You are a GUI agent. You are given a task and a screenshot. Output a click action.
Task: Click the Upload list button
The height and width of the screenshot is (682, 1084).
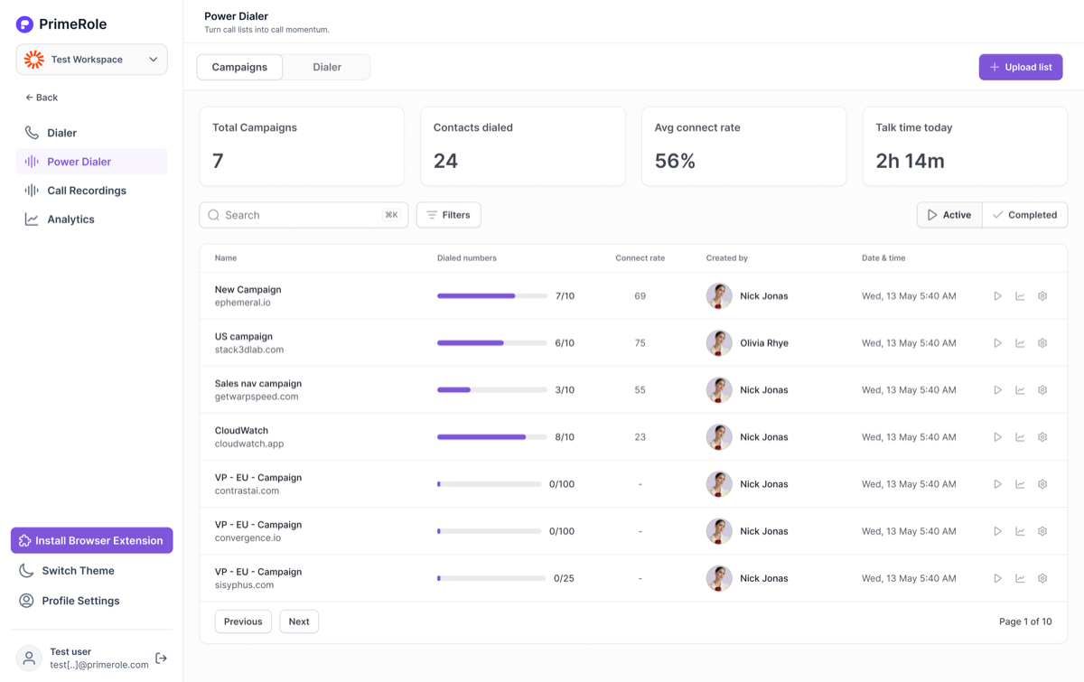coord(1021,67)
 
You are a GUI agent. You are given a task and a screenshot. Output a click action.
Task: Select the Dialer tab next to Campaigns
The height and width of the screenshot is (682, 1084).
coord(327,67)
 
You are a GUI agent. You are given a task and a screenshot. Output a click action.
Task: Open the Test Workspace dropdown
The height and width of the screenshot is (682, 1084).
coord(92,60)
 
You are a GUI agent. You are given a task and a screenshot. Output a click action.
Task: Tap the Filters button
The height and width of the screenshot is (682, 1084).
coord(449,215)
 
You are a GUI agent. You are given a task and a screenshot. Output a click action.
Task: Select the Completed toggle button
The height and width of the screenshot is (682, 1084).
coord(1024,215)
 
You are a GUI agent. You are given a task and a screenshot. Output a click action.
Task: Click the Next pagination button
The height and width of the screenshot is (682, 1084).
coord(299,621)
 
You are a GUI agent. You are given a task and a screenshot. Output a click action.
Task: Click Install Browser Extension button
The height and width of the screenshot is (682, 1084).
coord(92,540)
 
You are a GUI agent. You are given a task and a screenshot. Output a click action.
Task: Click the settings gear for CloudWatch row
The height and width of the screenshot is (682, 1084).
coord(1042,436)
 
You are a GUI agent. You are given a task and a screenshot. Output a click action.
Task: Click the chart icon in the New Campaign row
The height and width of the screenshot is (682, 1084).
coord(1020,295)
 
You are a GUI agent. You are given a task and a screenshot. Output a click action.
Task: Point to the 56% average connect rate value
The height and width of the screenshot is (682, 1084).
coord(675,161)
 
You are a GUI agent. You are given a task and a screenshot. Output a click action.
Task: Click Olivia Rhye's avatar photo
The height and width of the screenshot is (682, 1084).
coord(719,342)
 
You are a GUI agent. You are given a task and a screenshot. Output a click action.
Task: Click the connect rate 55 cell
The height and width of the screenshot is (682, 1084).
coord(640,389)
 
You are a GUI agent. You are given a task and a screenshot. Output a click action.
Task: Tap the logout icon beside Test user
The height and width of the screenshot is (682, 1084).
coord(161,658)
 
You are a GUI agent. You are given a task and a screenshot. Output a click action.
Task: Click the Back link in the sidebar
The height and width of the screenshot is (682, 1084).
coord(42,98)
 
